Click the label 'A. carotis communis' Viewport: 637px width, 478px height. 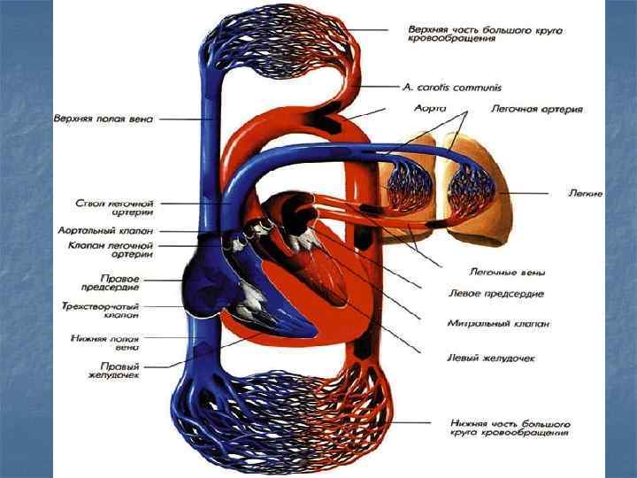(451, 88)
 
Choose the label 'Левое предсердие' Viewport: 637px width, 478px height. (496, 294)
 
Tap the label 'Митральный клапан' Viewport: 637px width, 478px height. (498, 324)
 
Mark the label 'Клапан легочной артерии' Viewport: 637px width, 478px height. (124, 250)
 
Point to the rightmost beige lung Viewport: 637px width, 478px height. (478, 190)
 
